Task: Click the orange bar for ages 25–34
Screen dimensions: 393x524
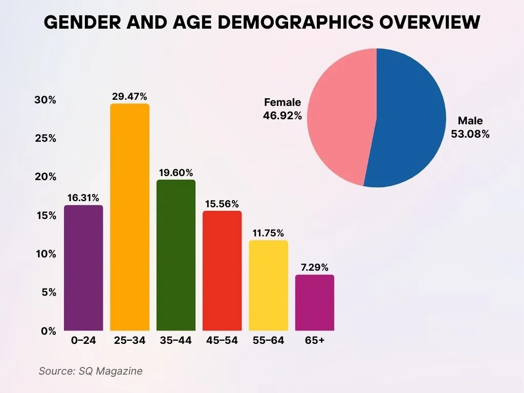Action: (x=130, y=217)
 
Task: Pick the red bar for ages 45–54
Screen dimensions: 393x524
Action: (x=222, y=271)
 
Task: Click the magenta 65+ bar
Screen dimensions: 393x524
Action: (x=315, y=302)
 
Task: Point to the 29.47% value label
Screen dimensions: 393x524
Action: (x=130, y=96)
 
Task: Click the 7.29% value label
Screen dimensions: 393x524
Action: (x=315, y=267)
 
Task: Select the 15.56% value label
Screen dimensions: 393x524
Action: (x=222, y=204)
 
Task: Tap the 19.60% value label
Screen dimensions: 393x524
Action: (x=176, y=172)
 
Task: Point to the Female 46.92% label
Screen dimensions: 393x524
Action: (x=282, y=109)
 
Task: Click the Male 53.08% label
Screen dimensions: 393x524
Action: (x=470, y=128)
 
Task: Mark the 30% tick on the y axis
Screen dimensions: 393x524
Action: (x=45, y=100)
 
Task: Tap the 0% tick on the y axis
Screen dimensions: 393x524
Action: (x=48, y=331)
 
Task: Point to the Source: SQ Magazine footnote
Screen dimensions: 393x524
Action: (x=91, y=371)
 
